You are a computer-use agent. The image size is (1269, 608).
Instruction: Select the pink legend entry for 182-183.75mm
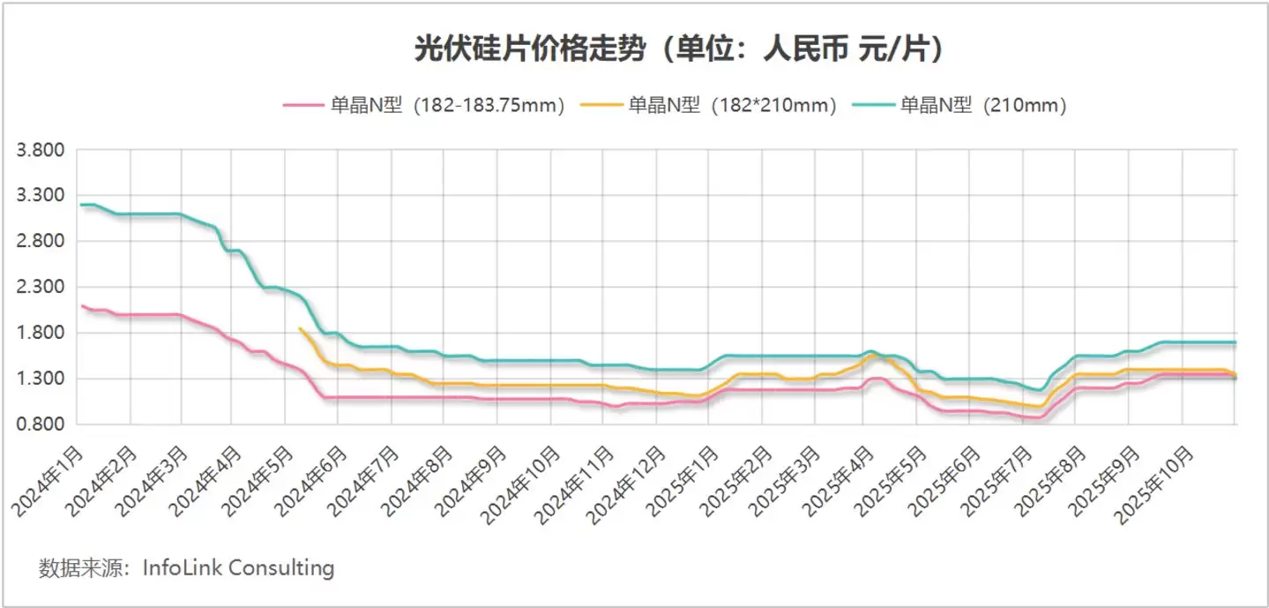(423, 106)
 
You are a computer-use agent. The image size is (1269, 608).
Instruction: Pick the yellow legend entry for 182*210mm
(708, 106)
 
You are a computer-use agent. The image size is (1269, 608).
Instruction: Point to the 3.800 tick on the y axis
(41, 149)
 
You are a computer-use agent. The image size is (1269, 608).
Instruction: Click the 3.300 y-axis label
(41, 195)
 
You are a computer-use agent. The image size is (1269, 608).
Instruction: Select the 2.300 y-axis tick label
(41, 287)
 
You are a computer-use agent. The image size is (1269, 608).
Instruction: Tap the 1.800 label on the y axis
(41, 333)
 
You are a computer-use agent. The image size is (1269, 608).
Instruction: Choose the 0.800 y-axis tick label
(41, 424)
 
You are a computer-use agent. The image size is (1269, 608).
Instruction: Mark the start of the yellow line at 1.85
(301, 329)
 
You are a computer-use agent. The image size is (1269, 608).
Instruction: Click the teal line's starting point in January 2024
(81, 205)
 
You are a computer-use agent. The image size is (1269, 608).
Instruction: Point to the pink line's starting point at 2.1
(81, 305)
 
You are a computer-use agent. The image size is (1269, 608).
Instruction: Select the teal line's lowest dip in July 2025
(1041, 390)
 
